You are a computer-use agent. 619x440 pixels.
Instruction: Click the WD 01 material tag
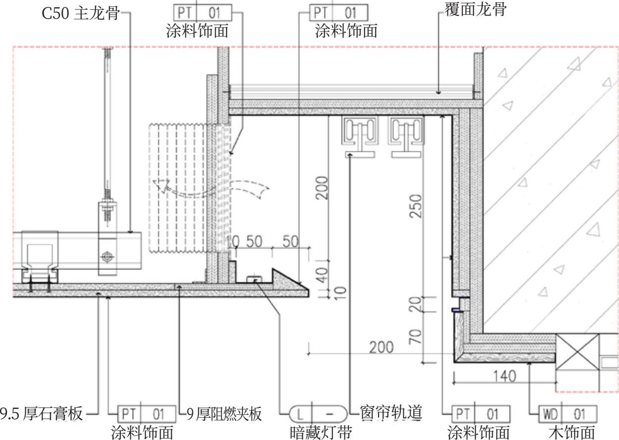568,413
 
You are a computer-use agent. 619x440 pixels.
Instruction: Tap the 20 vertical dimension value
417,304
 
